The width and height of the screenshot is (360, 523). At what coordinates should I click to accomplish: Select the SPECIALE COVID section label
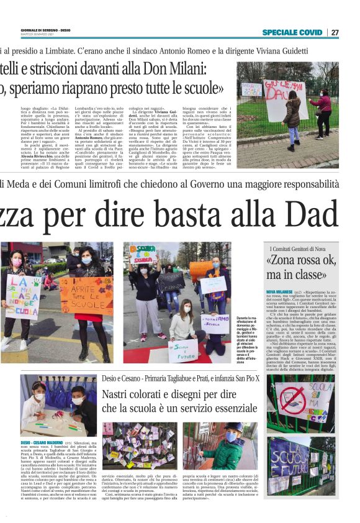tap(292, 32)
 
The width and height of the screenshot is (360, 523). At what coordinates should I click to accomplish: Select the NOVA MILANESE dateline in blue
tap(279, 291)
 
